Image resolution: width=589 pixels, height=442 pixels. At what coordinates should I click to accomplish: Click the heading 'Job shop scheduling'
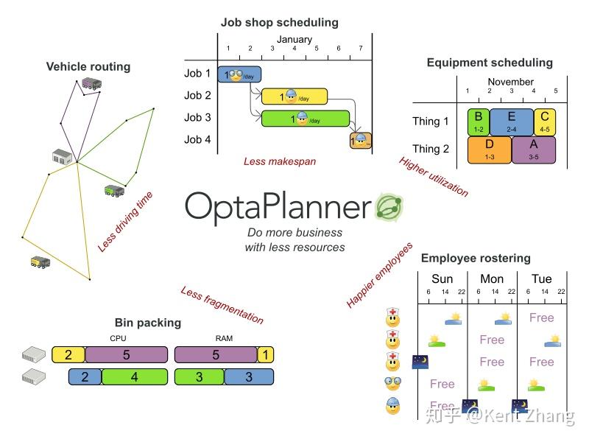click(x=279, y=22)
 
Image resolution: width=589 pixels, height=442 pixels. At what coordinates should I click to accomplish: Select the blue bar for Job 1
click(x=240, y=74)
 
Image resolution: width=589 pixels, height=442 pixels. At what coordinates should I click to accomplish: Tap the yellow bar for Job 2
click(x=294, y=97)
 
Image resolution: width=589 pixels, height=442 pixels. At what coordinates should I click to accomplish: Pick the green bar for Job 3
click(x=305, y=119)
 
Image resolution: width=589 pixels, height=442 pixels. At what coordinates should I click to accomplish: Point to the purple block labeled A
click(x=533, y=149)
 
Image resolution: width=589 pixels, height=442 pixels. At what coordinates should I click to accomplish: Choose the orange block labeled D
click(x=489, y=149)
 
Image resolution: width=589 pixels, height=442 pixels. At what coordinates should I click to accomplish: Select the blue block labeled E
click(x=511, y=121)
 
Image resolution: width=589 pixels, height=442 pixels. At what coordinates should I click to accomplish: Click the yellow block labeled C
click(x=544, y=121)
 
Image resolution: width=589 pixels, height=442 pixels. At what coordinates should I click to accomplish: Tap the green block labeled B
click(x=478, y=121)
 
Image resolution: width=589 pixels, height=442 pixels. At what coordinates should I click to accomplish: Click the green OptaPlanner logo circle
click(x=389, y=208)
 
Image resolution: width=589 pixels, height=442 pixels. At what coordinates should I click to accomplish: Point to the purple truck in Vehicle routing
click(x=91, y=83)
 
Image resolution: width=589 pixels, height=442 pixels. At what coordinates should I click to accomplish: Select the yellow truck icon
click(x=40, y=262)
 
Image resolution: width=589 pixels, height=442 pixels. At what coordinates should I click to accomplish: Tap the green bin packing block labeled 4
click(x=133, y=377)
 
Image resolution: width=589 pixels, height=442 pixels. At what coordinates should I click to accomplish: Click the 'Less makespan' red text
click(x=279, y=161)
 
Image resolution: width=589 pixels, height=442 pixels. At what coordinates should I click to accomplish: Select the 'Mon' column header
click(x=492, y=278)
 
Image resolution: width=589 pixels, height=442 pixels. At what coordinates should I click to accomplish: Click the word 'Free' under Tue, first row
click(x=541, y=318)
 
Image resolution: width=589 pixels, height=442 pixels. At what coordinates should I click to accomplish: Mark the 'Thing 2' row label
click(x=431, y=149)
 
